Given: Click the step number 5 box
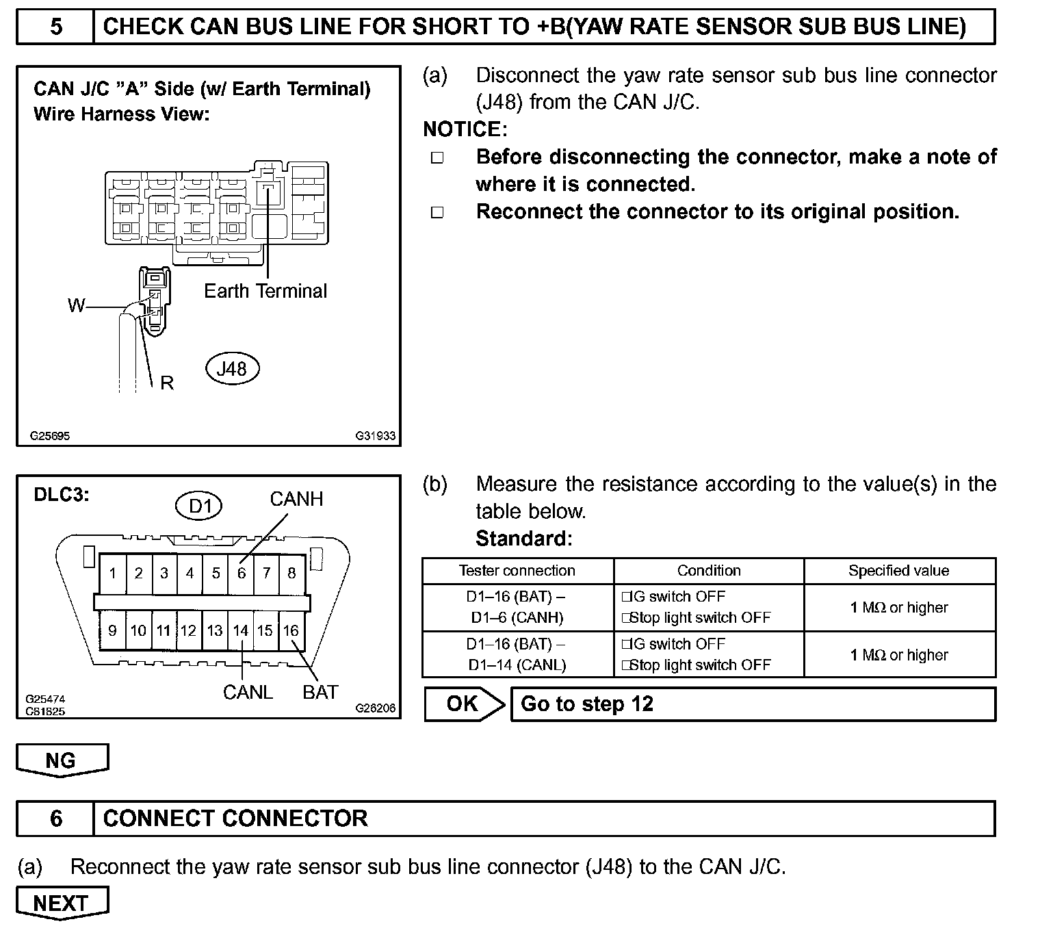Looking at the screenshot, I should point(55,27).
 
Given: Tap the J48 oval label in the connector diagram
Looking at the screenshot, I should point(232,369).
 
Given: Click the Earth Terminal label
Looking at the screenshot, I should point(265,291).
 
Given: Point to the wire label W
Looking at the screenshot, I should point(76,305).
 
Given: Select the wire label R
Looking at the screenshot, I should point(167,383).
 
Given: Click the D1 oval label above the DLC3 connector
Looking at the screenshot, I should point(199,506).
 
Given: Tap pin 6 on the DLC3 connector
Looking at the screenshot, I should point(241,573).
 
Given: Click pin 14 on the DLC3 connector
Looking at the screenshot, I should point(240,630).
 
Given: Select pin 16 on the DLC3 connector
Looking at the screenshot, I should point(291,630).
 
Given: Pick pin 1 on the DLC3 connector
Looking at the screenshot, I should point(113,573).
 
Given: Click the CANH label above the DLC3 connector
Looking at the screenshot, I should point(296,499).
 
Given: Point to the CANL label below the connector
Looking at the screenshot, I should point(248,692).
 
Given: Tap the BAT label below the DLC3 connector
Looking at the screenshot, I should point(320,692).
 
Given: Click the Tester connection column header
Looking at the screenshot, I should point(517,571).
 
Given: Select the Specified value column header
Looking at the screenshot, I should point(898,571).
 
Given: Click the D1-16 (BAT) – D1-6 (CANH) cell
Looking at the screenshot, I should point(517,607).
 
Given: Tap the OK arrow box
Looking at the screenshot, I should point(463,704).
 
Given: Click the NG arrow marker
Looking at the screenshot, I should point(62,760).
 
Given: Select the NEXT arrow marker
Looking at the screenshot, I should point(62,903).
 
